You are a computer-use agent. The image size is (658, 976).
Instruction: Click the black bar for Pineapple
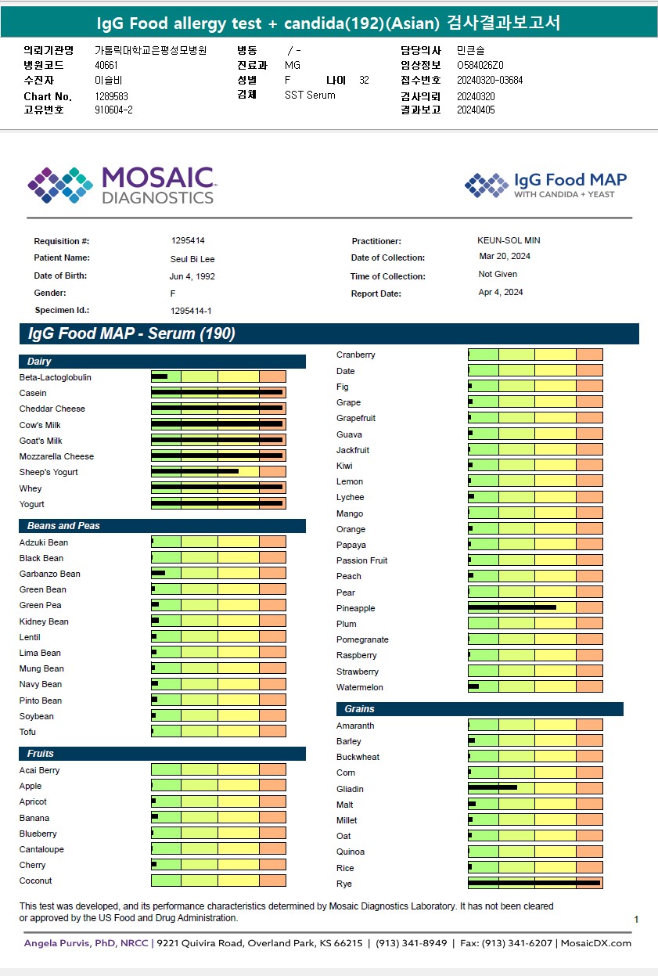coord(512,607)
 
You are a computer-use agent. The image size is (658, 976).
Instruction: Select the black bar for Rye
coord(534,883)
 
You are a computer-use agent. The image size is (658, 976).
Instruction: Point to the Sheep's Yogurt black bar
coord(195,471)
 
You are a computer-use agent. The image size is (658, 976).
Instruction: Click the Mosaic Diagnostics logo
coord(121,185)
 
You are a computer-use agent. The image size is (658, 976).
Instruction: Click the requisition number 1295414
coord(188,240)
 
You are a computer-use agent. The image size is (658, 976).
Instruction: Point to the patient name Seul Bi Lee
coord(192,259)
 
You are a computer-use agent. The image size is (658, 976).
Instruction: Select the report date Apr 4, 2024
coord(501,292)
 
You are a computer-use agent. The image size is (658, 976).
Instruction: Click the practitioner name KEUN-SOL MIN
coord(509,240)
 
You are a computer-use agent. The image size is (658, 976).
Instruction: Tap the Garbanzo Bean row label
coord(50,574)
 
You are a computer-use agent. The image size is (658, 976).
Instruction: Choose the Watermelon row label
coord(360,687)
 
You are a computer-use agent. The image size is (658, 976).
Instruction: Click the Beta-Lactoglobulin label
coord(56,377)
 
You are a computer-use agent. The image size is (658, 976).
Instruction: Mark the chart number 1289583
coord(112,96)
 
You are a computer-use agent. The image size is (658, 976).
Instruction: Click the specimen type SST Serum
coord(310,95)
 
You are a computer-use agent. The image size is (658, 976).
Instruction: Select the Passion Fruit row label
coord(362,560)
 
